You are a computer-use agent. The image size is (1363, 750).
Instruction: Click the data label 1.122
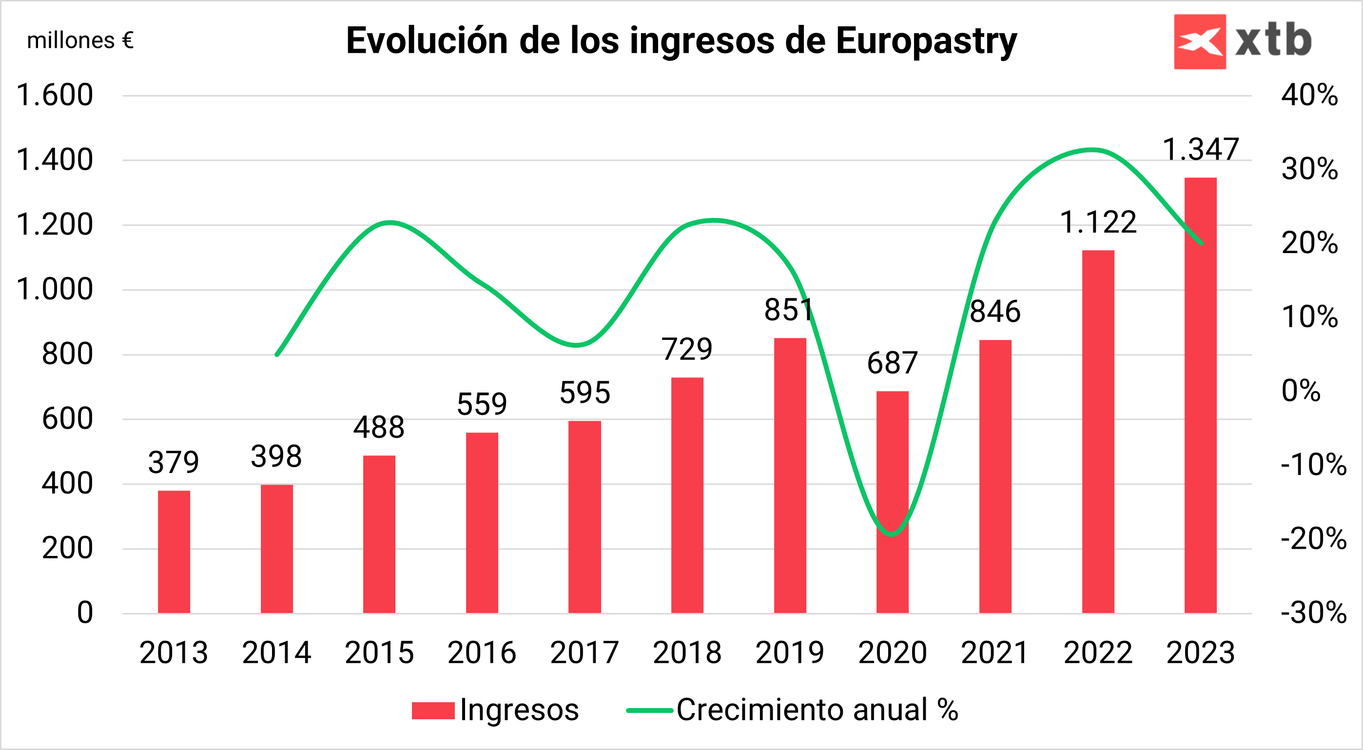pyautogui.click(x=1098, y=222)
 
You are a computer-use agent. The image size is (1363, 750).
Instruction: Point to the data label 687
pyautogui.click(x=892, y=363)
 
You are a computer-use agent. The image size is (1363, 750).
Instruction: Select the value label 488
pyautogui.click(x=379, y=427)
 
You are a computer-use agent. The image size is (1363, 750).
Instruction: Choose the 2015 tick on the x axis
pyautogui.click(x=379, y=652)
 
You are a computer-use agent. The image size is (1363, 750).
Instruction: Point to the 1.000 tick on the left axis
pyautogui.click(x=55, y=290)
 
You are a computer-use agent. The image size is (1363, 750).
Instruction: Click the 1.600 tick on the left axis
pyautogui.click(x=55, y=95)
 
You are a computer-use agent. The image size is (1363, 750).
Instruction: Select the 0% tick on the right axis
pyautogui.click(x=1301, y=391)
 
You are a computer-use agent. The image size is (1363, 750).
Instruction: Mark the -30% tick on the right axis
pyautogui.click(x=1313, y=612)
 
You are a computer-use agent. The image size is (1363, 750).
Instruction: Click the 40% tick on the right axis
pyautogui.click(x=1309, y=95)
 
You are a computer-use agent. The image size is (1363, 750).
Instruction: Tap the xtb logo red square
pyautogui.click(x=1200, y=41)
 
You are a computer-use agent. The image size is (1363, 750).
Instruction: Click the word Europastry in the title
pyautogui.click(x=926, y=41)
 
